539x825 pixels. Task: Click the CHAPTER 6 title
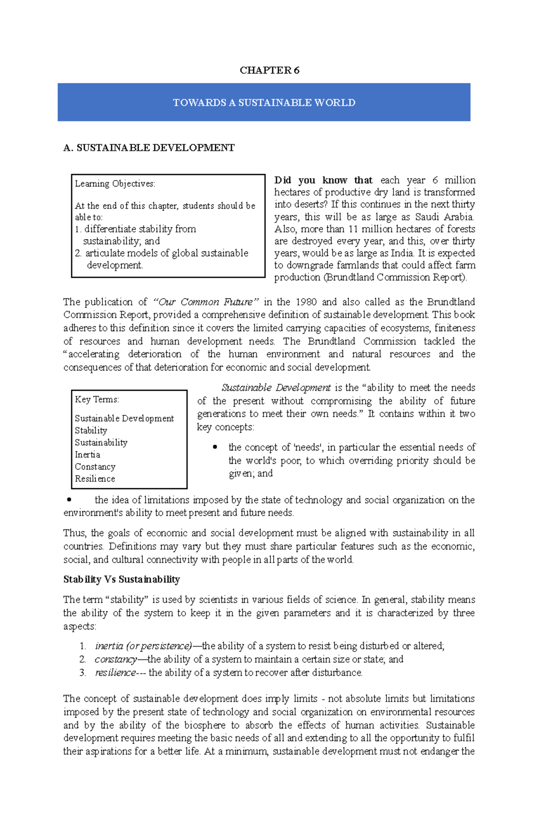[269, 70]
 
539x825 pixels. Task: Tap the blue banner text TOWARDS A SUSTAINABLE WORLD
[264, 103]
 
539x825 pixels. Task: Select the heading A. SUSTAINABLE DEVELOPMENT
[149, 148]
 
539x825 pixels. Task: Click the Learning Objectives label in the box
[115, 183]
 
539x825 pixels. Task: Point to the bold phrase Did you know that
[323, 180]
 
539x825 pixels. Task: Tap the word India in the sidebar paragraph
[402, 253]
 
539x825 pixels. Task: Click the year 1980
[305, 302]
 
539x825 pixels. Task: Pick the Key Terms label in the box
[97, 399]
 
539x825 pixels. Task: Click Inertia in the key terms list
[88, 455]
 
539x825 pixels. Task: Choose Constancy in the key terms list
[95, 467]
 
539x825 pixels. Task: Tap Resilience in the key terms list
[95, 479]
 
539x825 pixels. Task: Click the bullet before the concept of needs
[215, 447]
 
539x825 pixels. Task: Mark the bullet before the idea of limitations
[69, 499]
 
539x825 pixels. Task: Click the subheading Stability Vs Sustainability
[121, 580]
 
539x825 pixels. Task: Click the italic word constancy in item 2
[116, 659]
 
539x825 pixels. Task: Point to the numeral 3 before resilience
[82, 673]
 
